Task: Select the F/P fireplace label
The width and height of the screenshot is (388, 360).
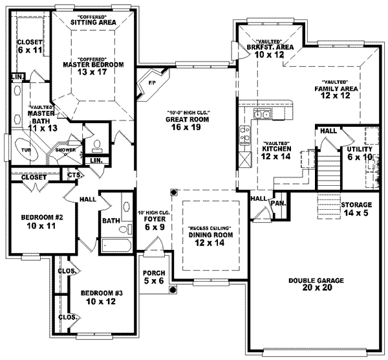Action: [x=151, y=84]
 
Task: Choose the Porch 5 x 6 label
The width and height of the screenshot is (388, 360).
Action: [x=154, y=276]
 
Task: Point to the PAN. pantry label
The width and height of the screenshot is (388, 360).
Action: [x=279, y=203]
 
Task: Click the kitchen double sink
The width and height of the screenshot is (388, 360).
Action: [x=262, y=115]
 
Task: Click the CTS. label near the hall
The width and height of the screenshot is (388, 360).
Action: [x=74, y=174]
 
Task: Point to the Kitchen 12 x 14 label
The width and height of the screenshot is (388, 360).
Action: [x=276, y=152]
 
